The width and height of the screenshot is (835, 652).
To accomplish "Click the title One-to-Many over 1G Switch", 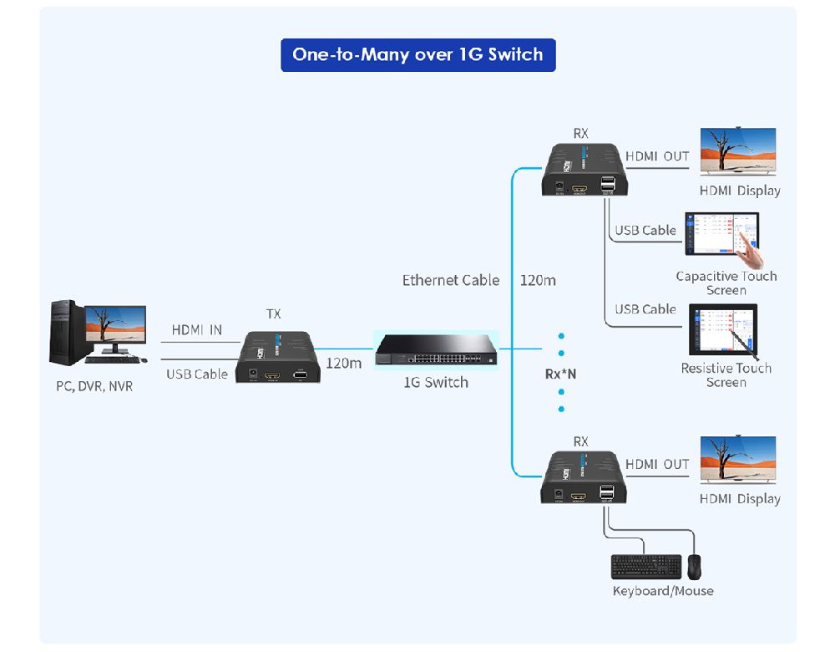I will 417,54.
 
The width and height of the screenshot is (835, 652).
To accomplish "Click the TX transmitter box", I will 278,358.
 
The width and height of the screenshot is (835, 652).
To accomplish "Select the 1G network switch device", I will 435,349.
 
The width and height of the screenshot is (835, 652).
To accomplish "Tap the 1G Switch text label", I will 435,383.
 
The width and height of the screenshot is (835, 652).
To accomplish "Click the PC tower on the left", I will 66,333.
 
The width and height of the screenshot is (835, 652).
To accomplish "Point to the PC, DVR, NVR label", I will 94,387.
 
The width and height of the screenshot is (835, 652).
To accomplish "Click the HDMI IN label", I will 197,330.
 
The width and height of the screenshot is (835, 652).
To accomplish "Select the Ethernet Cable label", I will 451,281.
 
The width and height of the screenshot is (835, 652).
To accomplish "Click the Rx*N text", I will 560,374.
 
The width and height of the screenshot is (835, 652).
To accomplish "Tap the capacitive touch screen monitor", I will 722,234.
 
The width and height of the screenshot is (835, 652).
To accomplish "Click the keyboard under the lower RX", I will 645,567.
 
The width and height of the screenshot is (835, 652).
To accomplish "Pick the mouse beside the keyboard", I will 695,567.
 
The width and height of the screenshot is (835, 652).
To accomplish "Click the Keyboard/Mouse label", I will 663,591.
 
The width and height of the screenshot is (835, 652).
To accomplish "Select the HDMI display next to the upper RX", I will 737,151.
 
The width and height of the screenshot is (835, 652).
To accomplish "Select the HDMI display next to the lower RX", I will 737,460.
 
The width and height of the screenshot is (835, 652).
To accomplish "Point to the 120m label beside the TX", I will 343,364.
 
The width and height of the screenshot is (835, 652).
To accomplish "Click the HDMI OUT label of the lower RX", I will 657,465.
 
